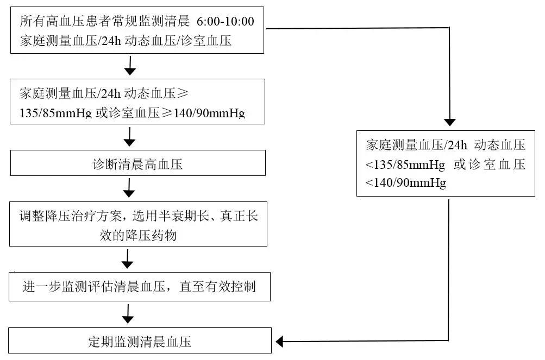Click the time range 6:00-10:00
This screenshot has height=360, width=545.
coord(225,22)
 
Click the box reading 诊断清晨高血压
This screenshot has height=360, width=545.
coord(138,163)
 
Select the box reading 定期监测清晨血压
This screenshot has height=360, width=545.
coord(140,340)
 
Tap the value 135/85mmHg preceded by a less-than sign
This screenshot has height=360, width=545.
coord(405,165)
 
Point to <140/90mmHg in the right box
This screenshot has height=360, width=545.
coord(405,183)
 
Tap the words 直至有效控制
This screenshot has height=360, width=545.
coord(217,287)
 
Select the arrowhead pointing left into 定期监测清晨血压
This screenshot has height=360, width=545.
coord(279,342)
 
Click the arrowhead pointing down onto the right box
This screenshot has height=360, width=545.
coord(450,122)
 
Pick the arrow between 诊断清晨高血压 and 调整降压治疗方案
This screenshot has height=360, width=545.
coord(129,188)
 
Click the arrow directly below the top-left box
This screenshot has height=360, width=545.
coord(130,65)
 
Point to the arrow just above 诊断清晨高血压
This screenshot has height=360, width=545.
coord(130,137)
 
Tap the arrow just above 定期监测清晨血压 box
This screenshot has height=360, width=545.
coord(128,314)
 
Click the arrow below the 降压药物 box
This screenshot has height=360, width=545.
coord(127,259)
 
